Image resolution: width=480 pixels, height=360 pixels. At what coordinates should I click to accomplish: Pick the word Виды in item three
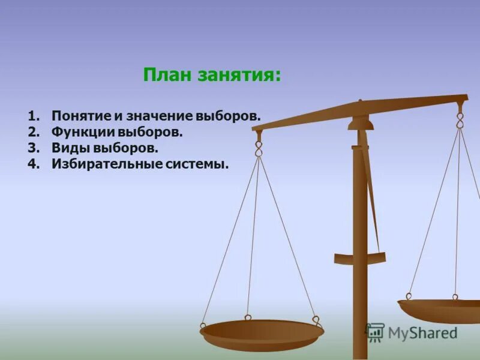pos(67,148)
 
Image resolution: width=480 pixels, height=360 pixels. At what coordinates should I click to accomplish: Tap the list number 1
pos(32,115)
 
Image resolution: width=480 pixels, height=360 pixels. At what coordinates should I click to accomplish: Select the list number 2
pos(32,131)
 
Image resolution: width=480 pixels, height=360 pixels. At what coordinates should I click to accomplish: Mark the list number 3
pos(32,148)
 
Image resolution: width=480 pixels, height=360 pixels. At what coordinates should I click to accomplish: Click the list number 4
pos(32,164)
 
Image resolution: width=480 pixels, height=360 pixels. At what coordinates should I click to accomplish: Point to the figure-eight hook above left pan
pos(259,147)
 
